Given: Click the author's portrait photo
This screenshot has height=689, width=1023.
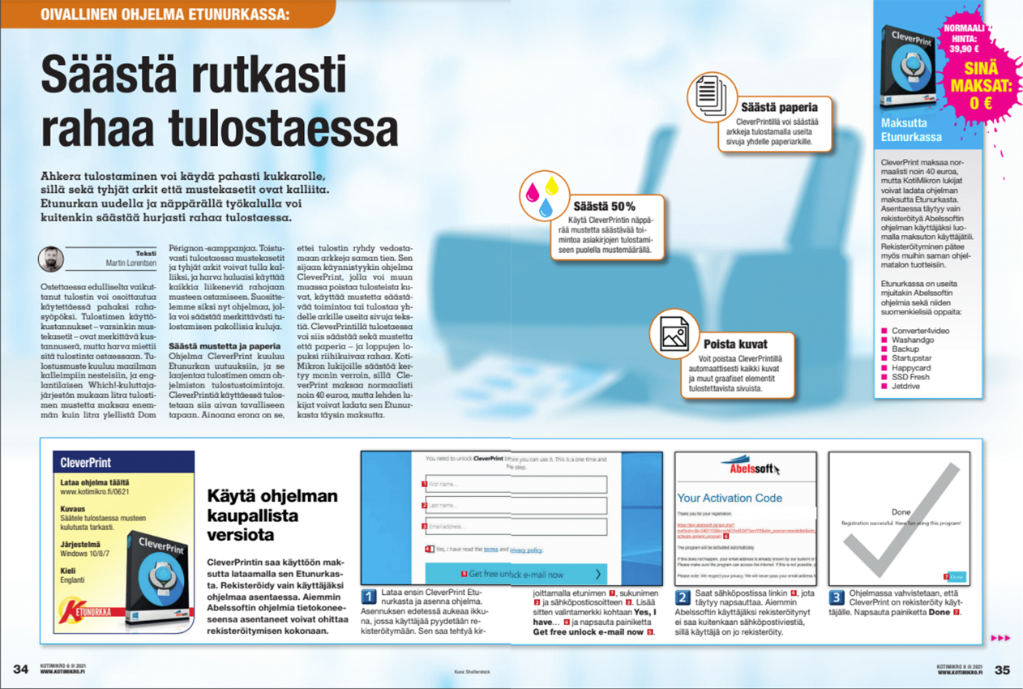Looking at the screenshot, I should pyautogui.click(x=51, y=259).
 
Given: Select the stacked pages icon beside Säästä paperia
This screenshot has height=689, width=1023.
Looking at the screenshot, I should pyautogui.click(x=711, y=96).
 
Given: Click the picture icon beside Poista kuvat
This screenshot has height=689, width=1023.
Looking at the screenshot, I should pyautogui.click(x=674, y=333).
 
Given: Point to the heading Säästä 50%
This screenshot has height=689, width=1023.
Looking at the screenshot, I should pyautogui.click(x=603, y=206).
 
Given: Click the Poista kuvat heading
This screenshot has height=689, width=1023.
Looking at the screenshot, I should pyautogui.click(x=735, y=344).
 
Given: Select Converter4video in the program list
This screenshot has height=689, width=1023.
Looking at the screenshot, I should pyautogui.click(x=920, y=331).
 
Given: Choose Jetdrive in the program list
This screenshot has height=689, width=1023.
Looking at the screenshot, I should pyautogui.click(x=906, y=386).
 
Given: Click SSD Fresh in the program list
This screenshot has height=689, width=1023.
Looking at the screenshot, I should pyautogui.click(x=910, y=377).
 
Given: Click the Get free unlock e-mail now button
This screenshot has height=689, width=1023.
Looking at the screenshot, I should pyautogui.click(x=516, y=574).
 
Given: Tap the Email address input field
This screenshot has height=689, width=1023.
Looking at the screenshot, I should pyautogui.click(x=516, y=526).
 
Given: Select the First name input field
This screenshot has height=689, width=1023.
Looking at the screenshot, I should pyautogui.click(x=516, y=484).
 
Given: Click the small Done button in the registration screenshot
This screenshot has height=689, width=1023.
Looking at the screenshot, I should pyautogui.click(x=957, y=576).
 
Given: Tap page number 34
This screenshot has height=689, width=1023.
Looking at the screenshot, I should pyautogui.click(x=20, y=670).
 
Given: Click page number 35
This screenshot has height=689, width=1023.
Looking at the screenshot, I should pyautogui.click(x=1002, y=670).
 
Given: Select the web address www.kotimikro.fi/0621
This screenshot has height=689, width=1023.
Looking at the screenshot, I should pyautogui.click(x=95, y=491).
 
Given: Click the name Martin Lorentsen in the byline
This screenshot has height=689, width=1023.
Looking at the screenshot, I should pyautogui.click(x=131, y=263).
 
